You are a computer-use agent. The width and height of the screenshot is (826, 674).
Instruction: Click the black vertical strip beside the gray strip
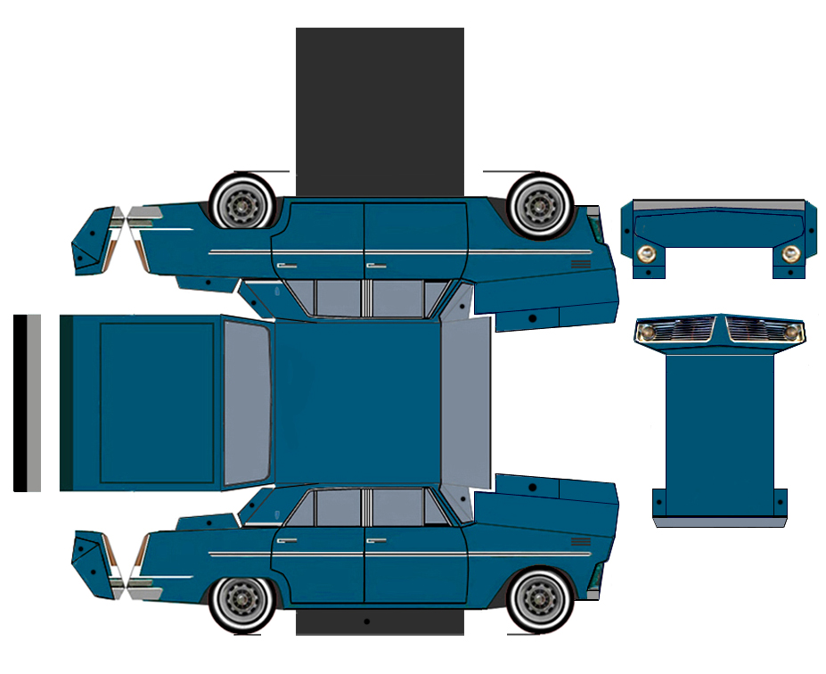pos(20,402)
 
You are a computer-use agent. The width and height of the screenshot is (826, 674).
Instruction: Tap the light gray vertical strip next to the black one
pos(34,402)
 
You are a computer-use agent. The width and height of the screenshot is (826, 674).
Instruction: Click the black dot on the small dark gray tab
pos(366,621)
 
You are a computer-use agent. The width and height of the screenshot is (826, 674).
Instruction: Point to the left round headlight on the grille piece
pos(648,333)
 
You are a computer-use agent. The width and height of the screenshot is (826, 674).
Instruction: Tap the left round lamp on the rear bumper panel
pos(648,253)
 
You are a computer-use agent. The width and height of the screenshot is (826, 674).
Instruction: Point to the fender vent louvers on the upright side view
pos(581,541)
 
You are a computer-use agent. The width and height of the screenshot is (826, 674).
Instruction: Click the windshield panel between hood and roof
pos(247,402)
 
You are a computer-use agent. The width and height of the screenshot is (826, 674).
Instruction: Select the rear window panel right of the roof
pos(466,402)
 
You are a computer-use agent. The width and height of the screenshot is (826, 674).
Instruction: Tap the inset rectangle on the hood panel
pos(157,402)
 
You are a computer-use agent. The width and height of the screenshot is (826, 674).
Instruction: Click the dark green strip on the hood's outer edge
pos(66,402)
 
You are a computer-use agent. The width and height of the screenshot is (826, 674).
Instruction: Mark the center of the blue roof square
pos(358,402)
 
